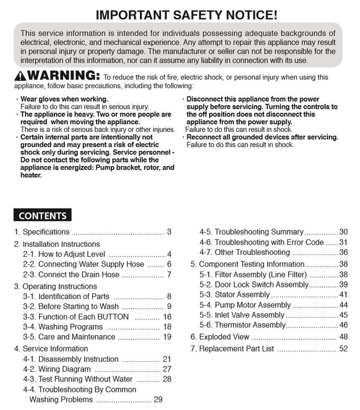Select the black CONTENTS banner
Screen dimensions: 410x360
pyautogui.click(x=42, y=215)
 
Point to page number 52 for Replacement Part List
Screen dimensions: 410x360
pyautogui.click(x=343, y=349)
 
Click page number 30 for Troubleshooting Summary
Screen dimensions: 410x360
pyautogui.click(x=343, y=231)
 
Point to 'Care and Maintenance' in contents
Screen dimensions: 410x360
pyautogui.click(x=69, y=337)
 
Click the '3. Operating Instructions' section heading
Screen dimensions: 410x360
pyautogui.click(x=55, y=286)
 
